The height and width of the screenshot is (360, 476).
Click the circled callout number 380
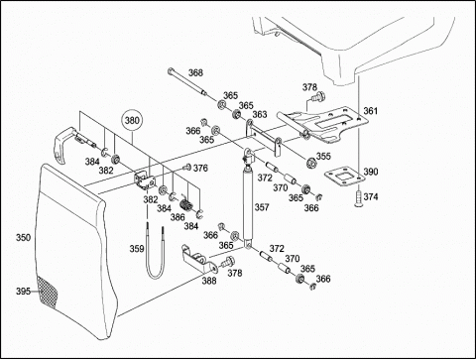tap(132, 120)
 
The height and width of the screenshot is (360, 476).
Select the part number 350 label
tap(24, 237)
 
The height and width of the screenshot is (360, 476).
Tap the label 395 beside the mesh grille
tap(23, 292)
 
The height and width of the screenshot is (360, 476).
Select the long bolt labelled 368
tap(187, 81)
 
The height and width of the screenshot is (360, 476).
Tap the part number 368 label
tap(195, 72)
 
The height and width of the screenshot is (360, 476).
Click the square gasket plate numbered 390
tap(345, 176)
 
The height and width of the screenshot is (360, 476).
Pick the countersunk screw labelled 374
tap(358, 198)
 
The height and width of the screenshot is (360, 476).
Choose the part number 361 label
tap(371, 111)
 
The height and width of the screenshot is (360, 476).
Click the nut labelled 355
tap(310, 163)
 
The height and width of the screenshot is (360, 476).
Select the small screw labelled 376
tap(187, 168)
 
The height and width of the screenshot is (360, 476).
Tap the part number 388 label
tap(209, 281)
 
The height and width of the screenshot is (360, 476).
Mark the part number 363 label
tap(260, 114)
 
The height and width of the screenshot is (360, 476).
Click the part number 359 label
tap(137, 248)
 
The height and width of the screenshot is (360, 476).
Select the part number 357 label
tap(262, 207)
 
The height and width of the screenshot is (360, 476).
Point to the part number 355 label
tap(323, 156)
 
